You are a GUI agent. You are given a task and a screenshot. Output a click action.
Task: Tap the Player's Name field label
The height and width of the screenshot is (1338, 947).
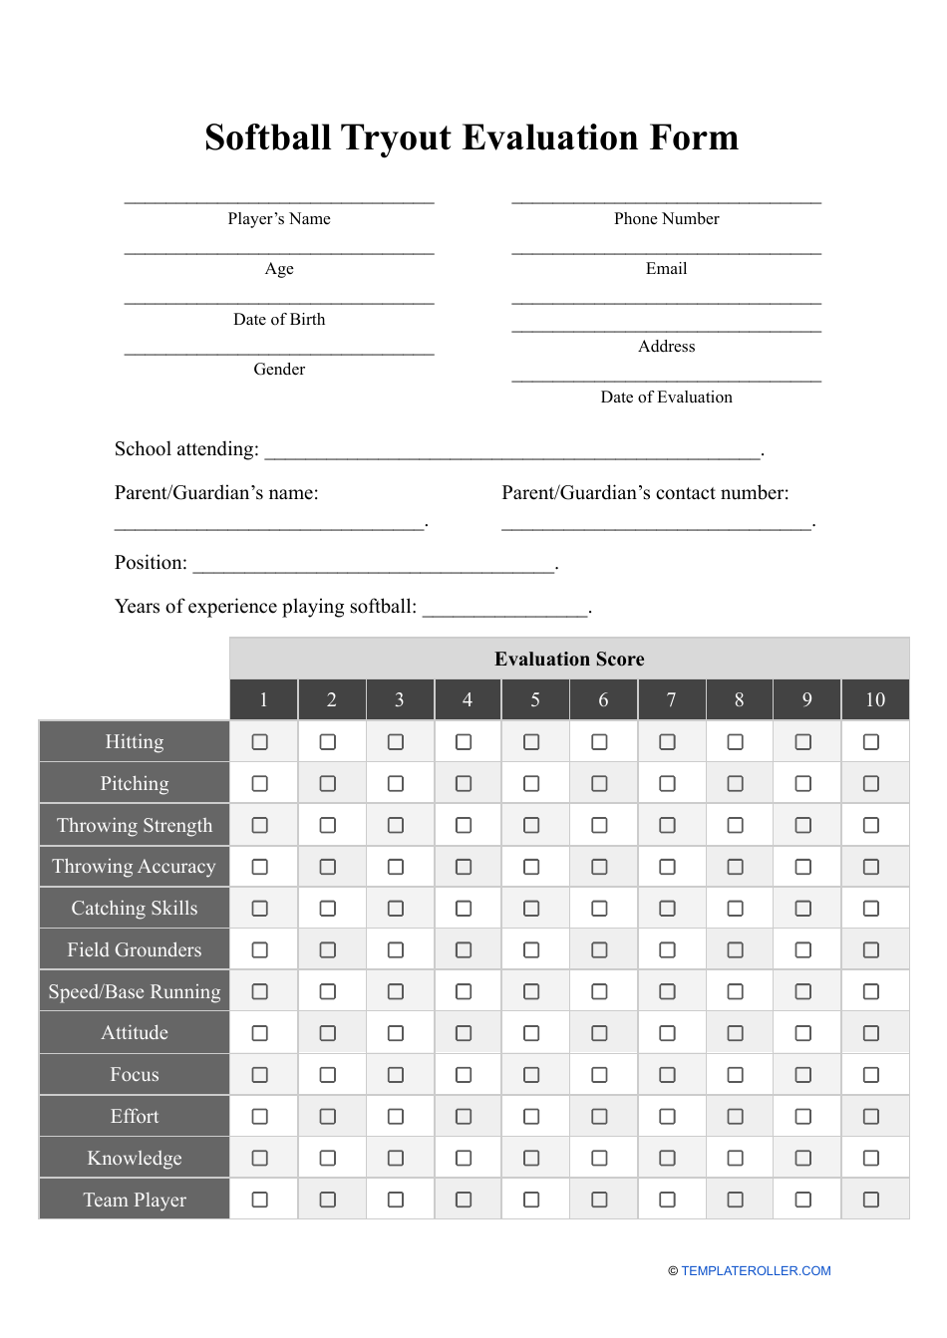point(279,219)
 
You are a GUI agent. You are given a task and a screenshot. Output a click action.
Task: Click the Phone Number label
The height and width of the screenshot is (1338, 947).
point(666,219)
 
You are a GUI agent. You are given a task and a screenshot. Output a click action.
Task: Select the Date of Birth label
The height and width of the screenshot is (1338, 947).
point(279,320)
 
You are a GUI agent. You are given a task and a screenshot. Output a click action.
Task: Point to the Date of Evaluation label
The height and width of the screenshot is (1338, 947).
point(666,398)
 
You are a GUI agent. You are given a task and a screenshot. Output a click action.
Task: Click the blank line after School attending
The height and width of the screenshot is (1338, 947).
point(512,451)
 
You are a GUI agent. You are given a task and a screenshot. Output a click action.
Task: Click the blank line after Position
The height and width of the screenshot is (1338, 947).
point(374,565)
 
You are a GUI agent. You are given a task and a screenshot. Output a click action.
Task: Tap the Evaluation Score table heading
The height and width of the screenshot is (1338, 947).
point(569,660)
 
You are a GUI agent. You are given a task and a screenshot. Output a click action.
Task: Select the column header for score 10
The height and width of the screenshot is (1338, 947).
point(875,700)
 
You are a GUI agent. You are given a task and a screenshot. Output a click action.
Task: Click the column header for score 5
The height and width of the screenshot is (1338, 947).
point(535,700)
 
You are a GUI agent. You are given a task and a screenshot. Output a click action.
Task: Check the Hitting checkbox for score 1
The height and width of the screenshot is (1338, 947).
point(260,742)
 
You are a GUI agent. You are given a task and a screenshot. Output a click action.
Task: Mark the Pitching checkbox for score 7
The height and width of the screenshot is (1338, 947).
point(668,784)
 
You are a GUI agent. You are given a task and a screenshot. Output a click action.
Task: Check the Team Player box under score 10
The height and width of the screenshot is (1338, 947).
point(871,1200)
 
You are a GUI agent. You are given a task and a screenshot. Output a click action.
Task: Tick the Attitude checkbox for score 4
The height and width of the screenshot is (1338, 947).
point(464,1033)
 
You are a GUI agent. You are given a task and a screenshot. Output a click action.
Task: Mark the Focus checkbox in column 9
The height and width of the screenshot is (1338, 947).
point(803,1075)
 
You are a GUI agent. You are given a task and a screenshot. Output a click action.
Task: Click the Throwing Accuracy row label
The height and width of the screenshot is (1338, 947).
point(135,867)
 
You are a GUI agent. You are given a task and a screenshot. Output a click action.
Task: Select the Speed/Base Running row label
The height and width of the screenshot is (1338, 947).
point(135,992)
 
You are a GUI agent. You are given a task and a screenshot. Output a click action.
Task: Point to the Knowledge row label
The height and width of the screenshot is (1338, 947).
point(135,1159)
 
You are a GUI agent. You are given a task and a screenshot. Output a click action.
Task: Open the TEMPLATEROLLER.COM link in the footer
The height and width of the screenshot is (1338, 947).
point(756,1271)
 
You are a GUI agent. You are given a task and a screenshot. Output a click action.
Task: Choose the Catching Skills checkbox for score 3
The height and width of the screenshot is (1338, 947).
point(396,909)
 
